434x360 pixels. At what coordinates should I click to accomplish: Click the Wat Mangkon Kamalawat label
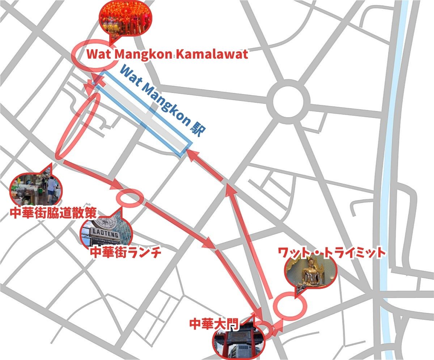[x=167, y=55]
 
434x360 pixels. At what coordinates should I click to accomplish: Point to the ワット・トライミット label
[x=332, y=253]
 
